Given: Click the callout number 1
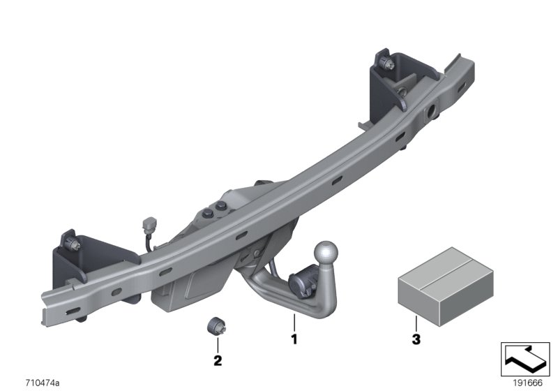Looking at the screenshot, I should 294,340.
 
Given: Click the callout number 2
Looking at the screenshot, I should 217,361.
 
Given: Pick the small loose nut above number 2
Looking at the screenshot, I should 216,326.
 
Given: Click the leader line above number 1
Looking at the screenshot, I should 294,323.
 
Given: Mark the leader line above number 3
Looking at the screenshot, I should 415,324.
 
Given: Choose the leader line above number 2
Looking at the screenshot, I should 217,344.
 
